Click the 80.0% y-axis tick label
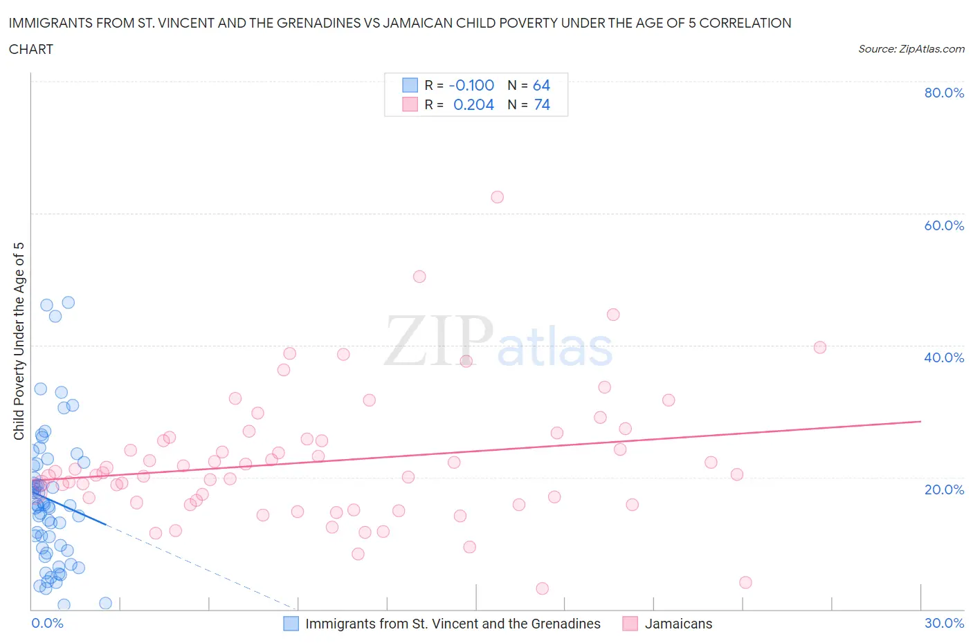[x=944, y=93]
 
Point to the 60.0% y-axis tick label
[x=944, y=225]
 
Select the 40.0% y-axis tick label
[x=944, y=357]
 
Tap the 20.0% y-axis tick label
[x=944, y=490]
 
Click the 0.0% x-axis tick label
[x=47, y=623]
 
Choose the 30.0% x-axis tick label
[x=944, y=623]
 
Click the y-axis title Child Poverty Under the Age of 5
[x=19, y=341]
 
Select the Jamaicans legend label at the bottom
[x=678, y=624]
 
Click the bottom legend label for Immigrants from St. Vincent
[x=453, y=624]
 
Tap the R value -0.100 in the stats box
[x=471, y=85]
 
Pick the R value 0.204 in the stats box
[x=473, y=104]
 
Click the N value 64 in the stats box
[x=541, y=85]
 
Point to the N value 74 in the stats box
[x=542, y=104]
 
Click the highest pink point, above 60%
[x=497, y=197]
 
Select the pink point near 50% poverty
[x=419, y=277]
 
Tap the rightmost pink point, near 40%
[x=820, y=347]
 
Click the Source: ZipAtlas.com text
[x=911, y=49]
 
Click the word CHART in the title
[x=31, y=49]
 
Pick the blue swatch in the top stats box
[x=410, y=85]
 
